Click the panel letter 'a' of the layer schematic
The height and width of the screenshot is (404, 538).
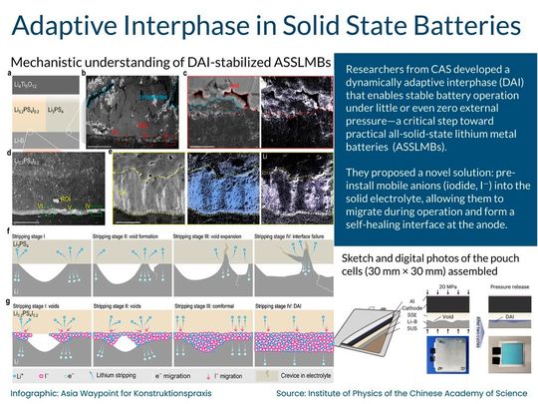(x=9, y=74)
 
